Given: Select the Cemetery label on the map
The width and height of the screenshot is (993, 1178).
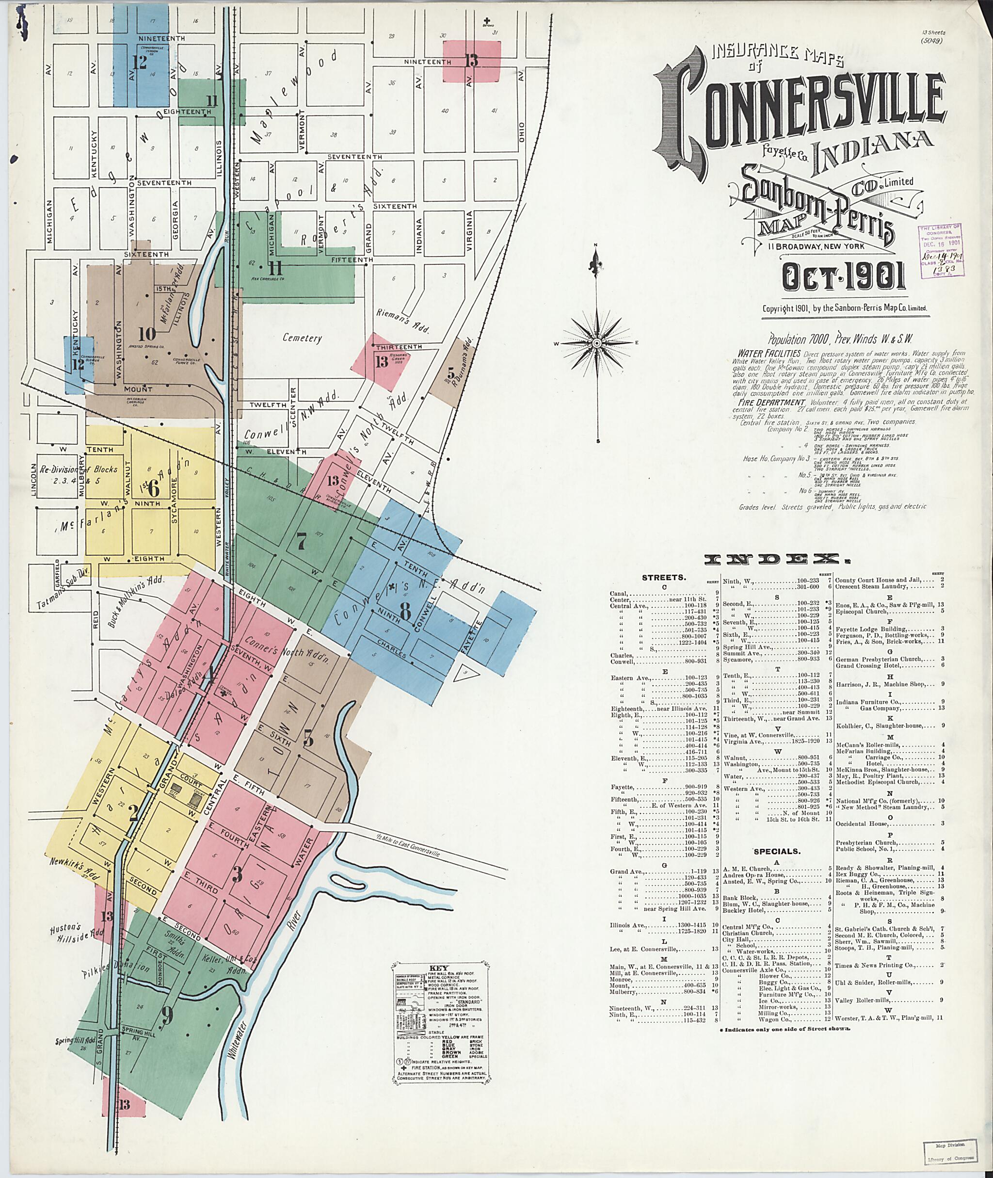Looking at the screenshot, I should point(302,338).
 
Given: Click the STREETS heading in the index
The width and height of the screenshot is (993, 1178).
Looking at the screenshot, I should point(663,578).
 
